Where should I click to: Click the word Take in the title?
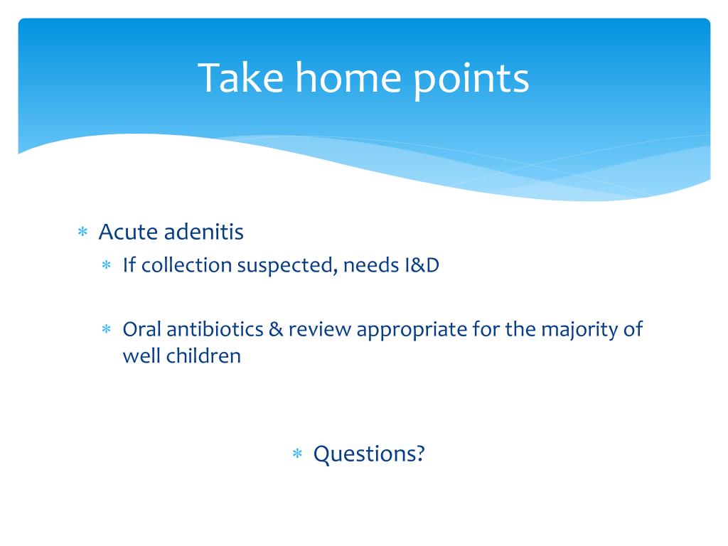240,77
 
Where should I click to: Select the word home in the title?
348,77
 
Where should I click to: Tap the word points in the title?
471,81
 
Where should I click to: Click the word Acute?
128,231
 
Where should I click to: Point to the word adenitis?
204,231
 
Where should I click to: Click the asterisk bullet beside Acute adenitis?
82,231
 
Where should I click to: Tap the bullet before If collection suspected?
107,265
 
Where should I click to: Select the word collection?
187,265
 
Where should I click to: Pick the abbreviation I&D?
422,265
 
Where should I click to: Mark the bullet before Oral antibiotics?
107,329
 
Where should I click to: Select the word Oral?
141,328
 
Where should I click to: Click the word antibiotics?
215,328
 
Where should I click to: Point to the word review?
319,329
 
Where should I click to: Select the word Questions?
369,454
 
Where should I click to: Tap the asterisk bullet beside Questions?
297,453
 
